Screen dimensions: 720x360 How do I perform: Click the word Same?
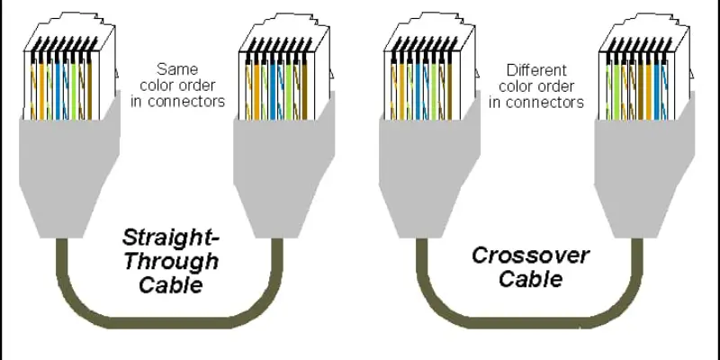pyautogui.click(x=177, y=70)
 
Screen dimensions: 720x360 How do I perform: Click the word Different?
pyautogui.click(x=536, y=70)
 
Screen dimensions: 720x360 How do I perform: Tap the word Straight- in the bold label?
pyautogui.click(x=171, y=238)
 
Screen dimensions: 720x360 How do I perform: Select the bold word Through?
pyautogui.click(x=171, y=261)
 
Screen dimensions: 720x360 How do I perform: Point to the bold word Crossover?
pyautogui.click(x=530, y=256)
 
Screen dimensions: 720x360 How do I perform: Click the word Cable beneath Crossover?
pyautogui.click(x=531, y=279)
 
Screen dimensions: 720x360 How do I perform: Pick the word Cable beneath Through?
pyautogui.click(x=171, y=284)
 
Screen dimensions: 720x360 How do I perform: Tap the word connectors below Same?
pyautogui.click(x=177, y=102)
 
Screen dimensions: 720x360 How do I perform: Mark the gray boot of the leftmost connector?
pyautogui.click(x=69, y=175)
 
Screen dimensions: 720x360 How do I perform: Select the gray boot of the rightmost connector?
pyautogui.click(x=644, y=175)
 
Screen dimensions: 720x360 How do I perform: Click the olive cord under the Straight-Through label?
pyautogui.click(x=170, y=320)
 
